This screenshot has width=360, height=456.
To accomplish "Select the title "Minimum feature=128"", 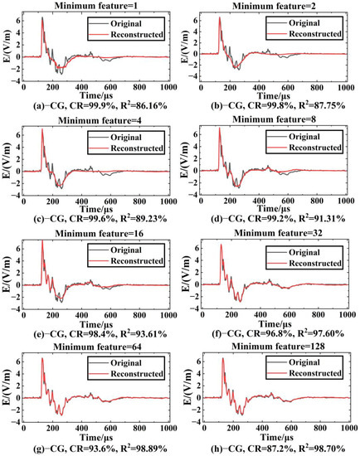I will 274,347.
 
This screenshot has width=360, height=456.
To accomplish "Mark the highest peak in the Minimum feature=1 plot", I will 42,18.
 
